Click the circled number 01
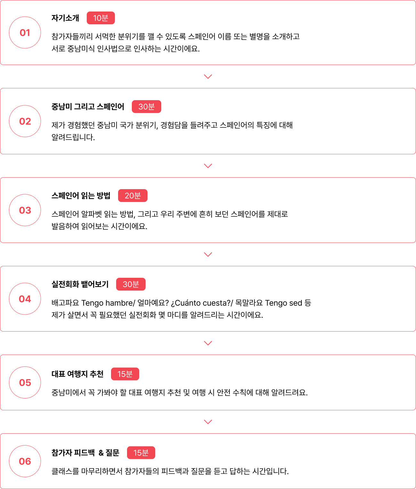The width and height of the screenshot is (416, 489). pyautogui.click(x=25, y=33)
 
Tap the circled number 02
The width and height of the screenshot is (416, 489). pyautogui.click(x=25, y=121)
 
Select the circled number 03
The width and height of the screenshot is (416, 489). pyautogui.click(x=25, y=210)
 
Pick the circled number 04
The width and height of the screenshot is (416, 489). pyautogui.click(x=25, y=299)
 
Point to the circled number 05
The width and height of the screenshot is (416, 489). pyautogui.click(x=25, y=382)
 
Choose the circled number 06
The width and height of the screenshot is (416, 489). pyautogui.click(x=25, y=461)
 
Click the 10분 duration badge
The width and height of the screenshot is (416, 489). pyautogui.click(x=101, y=18)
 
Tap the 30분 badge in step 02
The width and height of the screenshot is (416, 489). pyautogui.click(x=147, y=107)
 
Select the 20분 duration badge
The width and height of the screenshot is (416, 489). pyautogui.click(x=133, y=196)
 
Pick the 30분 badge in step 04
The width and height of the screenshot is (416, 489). pyautogui.click(x=131, y=284)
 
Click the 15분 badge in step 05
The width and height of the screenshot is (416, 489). pyautogui.click(x=125, y=374)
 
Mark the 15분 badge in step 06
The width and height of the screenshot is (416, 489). pyautogui.click(x=141, y=453)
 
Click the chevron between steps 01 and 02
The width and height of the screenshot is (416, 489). pyautogui.click(x=208, y=76)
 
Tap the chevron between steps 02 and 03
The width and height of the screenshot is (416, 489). pyautogui.click(x=208, y=166)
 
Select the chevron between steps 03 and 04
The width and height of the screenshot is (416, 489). pyautogui.click(x=208, y=254)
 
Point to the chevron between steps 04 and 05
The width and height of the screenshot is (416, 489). pyautogui.click(x=208, y=343)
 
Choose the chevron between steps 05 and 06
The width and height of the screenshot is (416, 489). pyautogui.click(x=208, y=422)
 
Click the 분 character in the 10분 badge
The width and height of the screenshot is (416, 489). pyautogui.click(x=105, y=18)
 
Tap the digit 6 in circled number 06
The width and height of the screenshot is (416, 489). pyautogui.click(x=28, y=461)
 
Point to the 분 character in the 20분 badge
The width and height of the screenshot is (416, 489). pyautogui.click(x=137, y=196)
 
